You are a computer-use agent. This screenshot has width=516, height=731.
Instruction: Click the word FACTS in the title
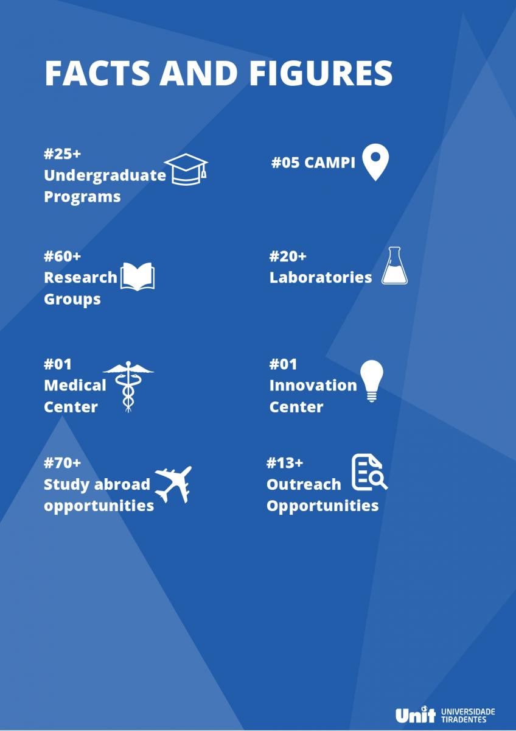(x=97, y=73)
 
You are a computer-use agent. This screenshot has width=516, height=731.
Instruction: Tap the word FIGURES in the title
(x=321, y=73)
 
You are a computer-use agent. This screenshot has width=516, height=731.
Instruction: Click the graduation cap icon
(x=186, y=169)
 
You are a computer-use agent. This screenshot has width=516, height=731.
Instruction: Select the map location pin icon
(x=375, y=162)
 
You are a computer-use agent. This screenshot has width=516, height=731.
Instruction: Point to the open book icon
(x=138, y=277)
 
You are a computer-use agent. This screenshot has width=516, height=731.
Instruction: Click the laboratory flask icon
(x=394, y=266)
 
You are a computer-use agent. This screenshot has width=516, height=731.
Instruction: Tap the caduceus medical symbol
(x=128, y=387)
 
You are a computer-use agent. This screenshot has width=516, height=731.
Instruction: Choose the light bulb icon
(x=372, y=381)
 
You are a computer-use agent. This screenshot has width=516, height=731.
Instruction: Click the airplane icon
(x=173, y=484)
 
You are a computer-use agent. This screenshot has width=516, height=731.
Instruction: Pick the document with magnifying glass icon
(x=369, y=472)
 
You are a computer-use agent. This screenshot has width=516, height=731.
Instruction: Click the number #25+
(x=62, y=154)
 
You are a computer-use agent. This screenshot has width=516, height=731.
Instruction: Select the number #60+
(x=62, y=256)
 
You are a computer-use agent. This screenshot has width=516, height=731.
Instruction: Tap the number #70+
(x=62, y=463)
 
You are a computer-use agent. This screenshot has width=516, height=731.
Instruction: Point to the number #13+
(x=285, y=463)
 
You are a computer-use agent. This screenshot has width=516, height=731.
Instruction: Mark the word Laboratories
(x=321, y=277)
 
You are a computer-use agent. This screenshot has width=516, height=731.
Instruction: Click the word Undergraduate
(x=105, y=175)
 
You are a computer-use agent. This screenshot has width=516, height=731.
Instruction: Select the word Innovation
(x=313, y=386)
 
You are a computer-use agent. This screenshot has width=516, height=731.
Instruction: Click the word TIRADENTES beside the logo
(x=464, y=719)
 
